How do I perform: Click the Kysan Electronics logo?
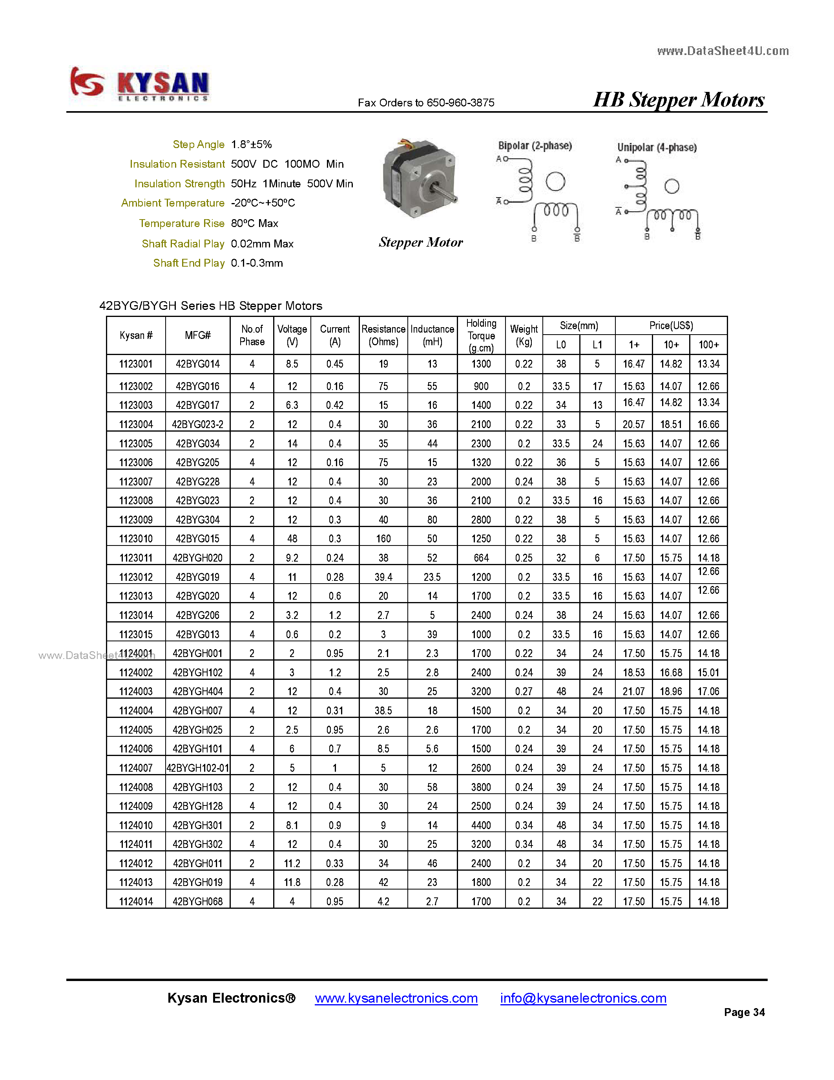click(139, 84)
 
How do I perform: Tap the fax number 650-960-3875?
click(460, 103)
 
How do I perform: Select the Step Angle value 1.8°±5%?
click(251, 145)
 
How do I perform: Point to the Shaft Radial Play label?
click(183, 244)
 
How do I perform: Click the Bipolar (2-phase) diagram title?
click(535, 146)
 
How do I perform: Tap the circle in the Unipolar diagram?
click(672, 187)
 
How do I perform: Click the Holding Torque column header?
click(481, 335)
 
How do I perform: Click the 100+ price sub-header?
click(708, 345)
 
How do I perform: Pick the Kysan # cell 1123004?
click(136, 424)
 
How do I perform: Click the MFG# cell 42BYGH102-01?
click(198, 768)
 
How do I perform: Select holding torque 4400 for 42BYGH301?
click(481, 826)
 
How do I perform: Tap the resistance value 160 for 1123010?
click(383, 538)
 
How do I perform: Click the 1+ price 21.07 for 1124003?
click(633, 691)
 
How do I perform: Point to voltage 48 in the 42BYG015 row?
click(292, 538)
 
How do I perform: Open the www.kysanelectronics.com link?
click(396, 998)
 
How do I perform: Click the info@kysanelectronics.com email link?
click(583, 998)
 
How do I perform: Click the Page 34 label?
click(744, 1012)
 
